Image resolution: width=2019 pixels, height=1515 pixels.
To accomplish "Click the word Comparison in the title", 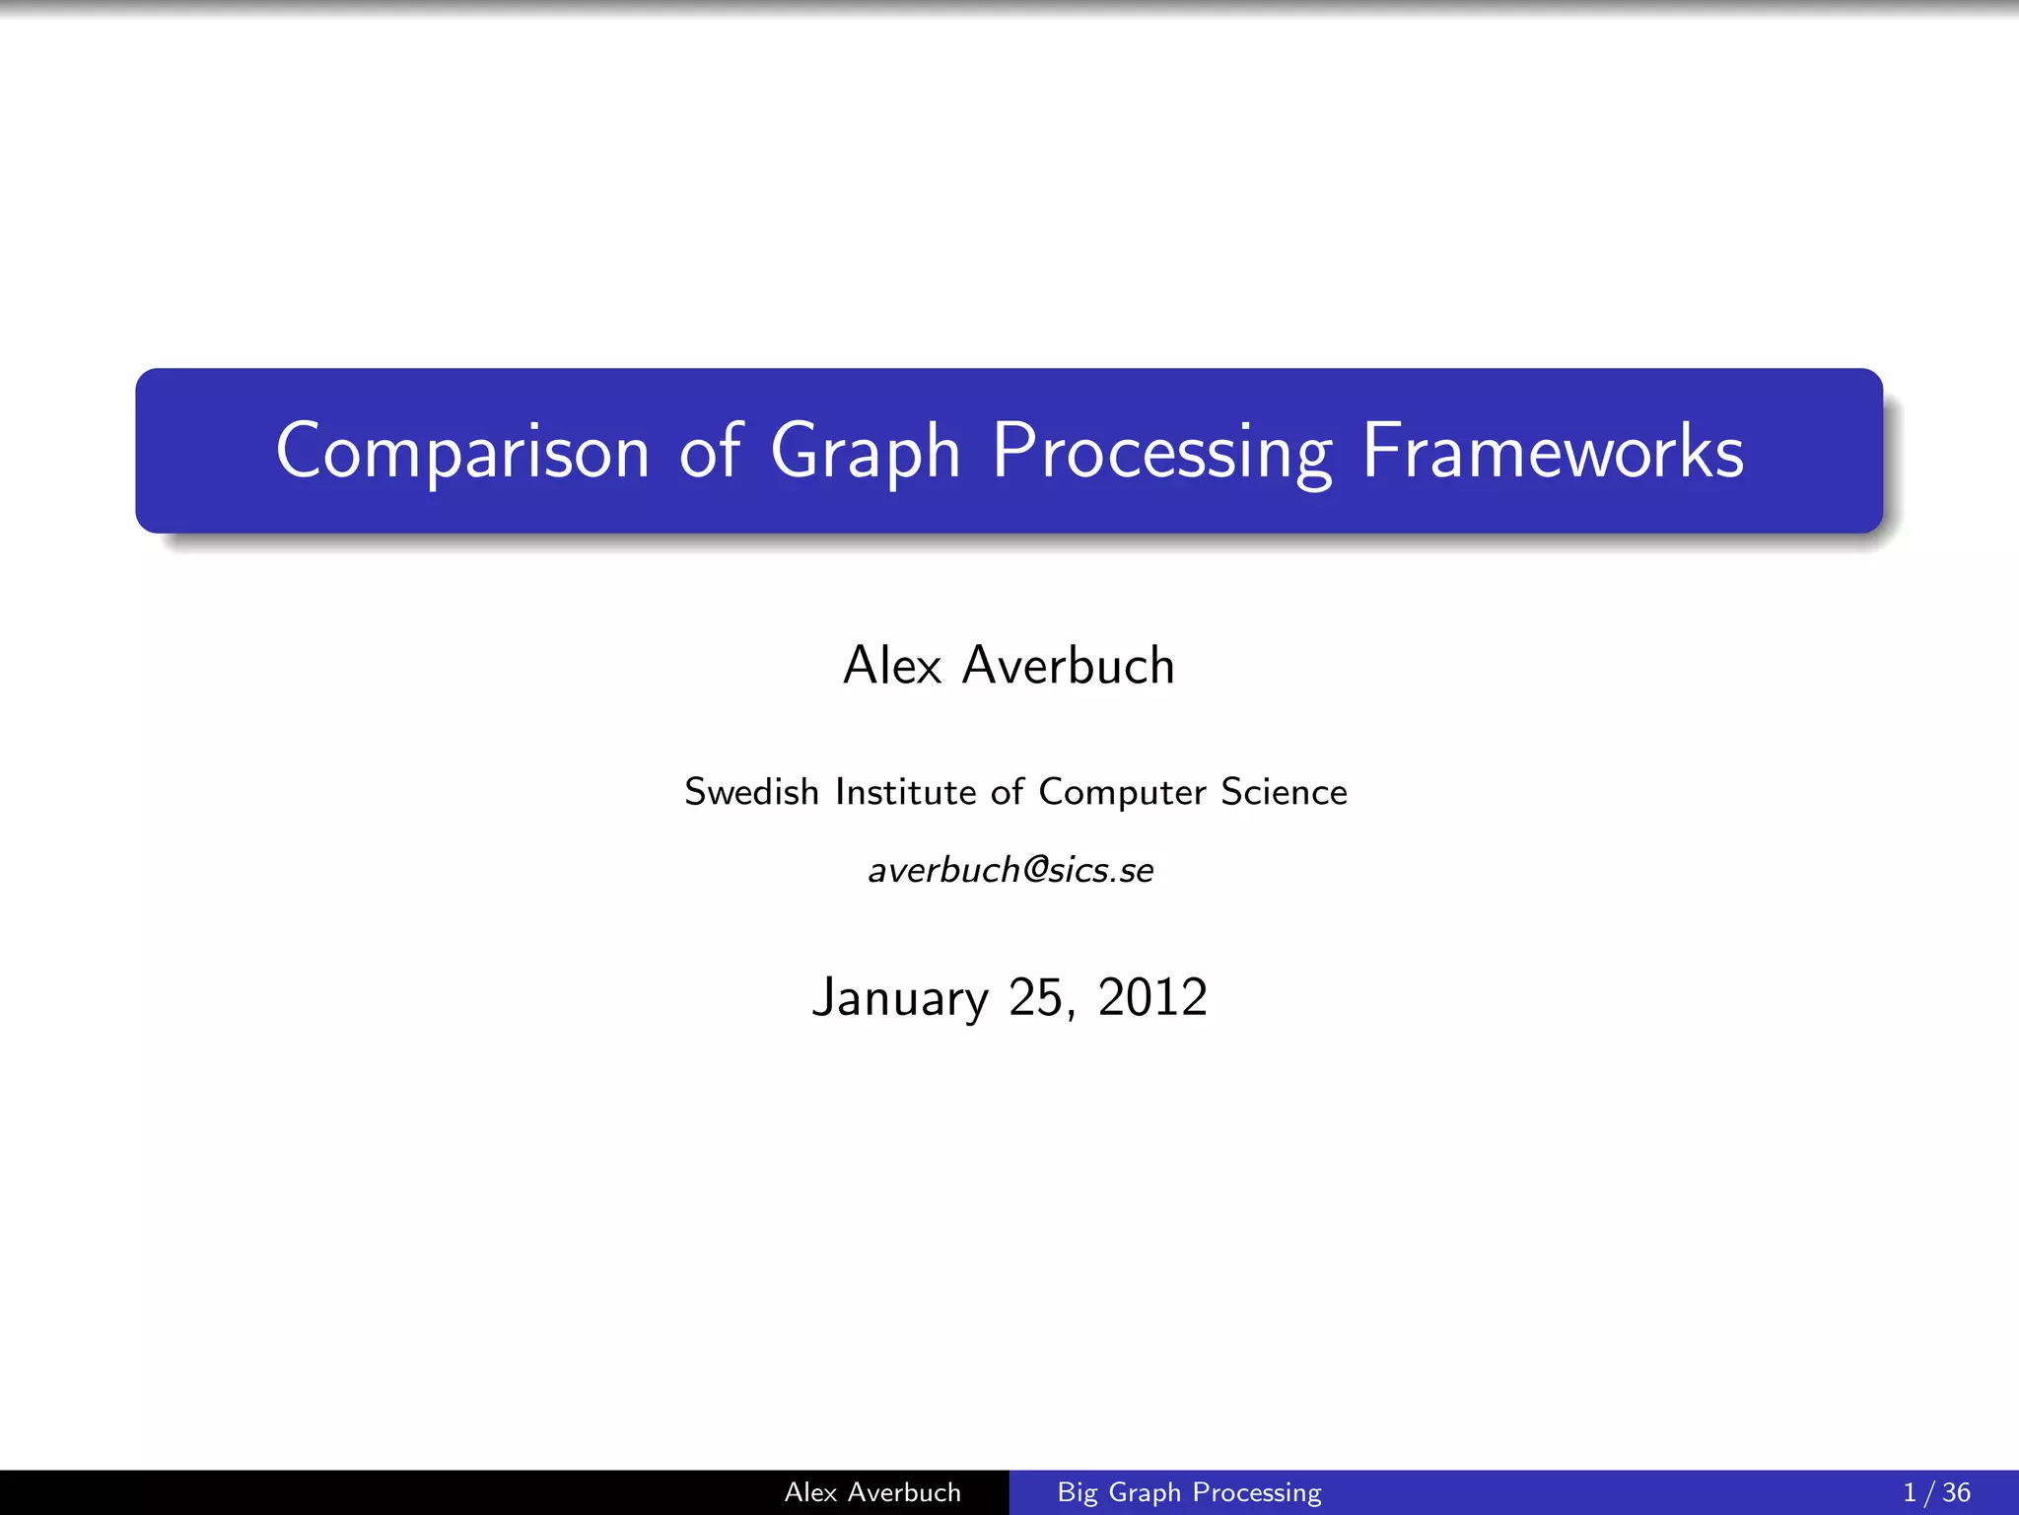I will pyautogui.click(x=461, y=452).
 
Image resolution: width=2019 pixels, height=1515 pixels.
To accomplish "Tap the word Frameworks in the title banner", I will pyautogui.click(x=1553, y=452).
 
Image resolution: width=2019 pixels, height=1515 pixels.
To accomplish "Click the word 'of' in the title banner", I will pyautogui.click(x=710, y=452).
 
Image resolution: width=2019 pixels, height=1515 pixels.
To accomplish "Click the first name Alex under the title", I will pyautogui.click(x=892, y=666).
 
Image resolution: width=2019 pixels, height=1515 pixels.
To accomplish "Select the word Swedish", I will pyautogui.click(x=751, y=792).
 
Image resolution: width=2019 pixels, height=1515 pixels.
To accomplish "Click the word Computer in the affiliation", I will pyautogui.click(x=1122, y=793).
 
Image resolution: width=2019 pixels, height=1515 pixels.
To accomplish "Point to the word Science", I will pyautogui.click(x=1284, y=792).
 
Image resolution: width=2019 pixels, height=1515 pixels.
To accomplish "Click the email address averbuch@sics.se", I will pyautogui.click(x=1010, y=870).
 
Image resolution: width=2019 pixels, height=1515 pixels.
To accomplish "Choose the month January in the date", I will pyautogui.click(x=899, y=998).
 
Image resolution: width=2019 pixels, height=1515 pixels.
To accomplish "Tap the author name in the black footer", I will pyautogui.click(x=872, y=1492).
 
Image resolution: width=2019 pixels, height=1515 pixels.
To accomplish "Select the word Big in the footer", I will pyautogui.click(x=1077, y=1493).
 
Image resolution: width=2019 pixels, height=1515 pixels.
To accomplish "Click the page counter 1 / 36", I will pyautogui.click(x=1936, y=1492).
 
